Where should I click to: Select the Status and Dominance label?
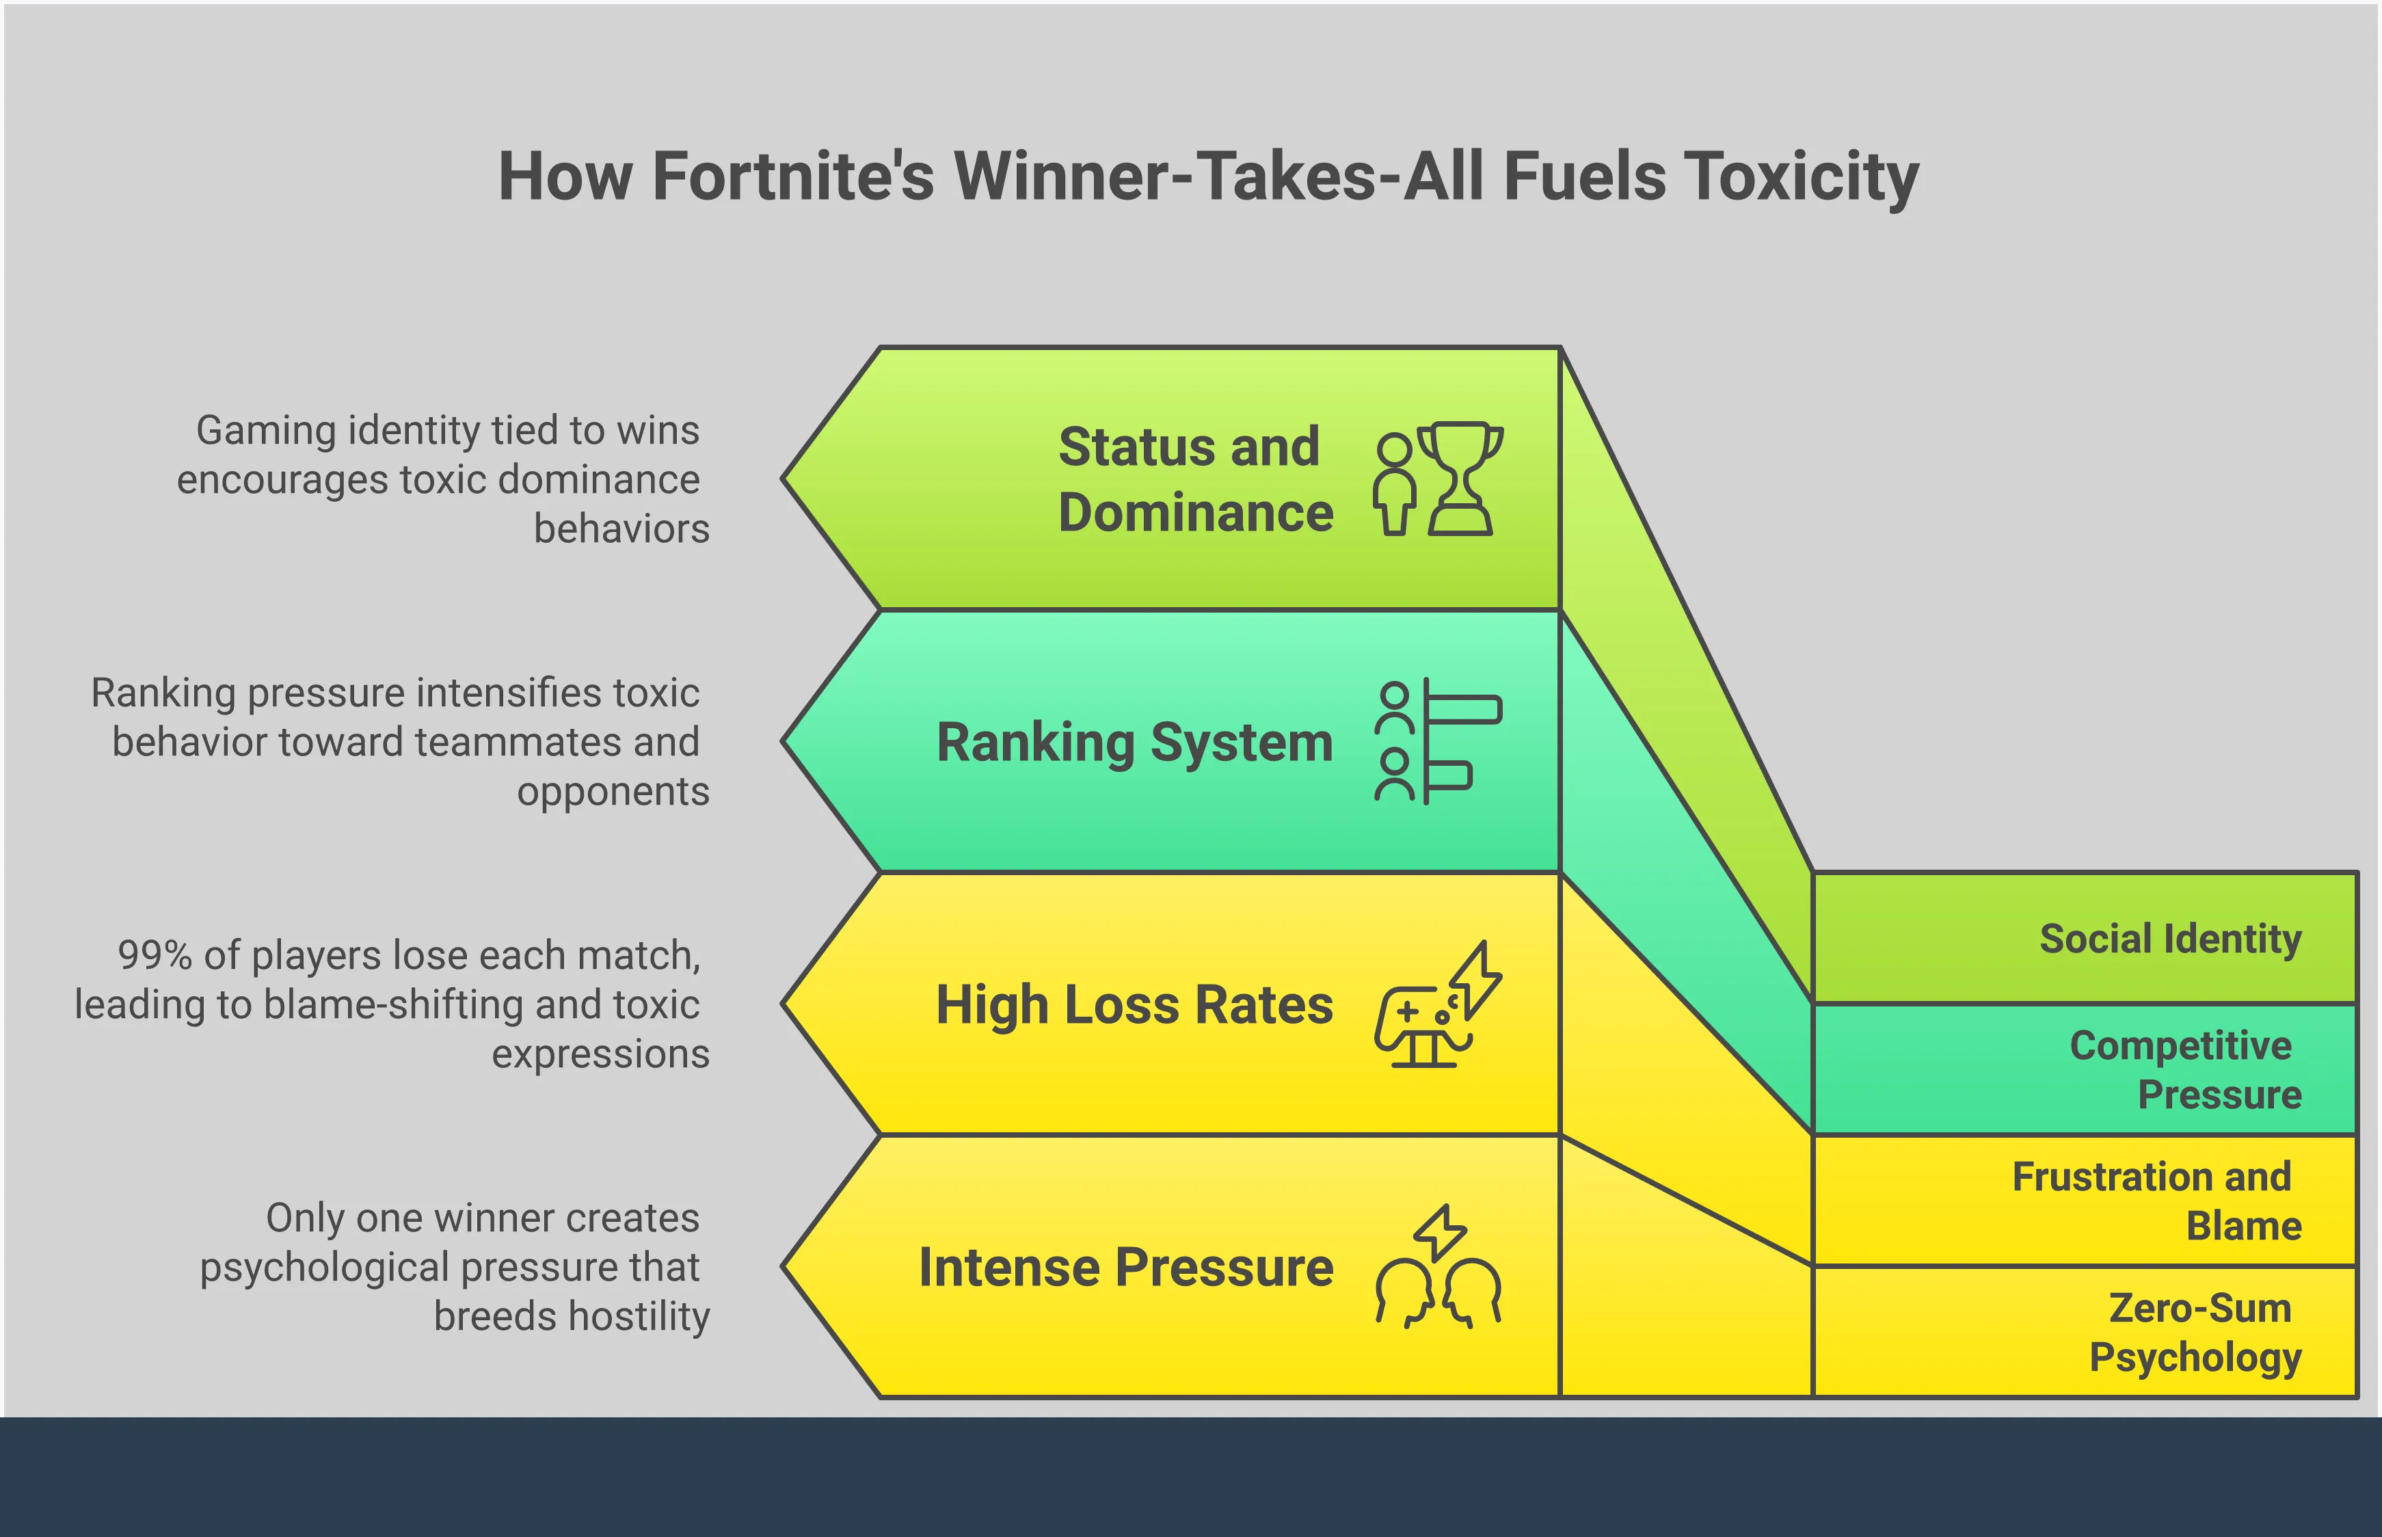[1196, 479]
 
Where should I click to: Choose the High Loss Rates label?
[1135, 1004]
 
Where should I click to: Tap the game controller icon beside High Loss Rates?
[1438, 1004]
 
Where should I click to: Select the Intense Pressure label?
[1125, 1268]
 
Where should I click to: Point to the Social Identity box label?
[2171, 939]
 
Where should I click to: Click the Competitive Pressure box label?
[2185, 1070]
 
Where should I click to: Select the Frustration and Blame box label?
[2156, 1201]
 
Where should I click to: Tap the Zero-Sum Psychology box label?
[2195, 1333]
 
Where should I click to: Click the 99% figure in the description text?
[155, 955]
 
